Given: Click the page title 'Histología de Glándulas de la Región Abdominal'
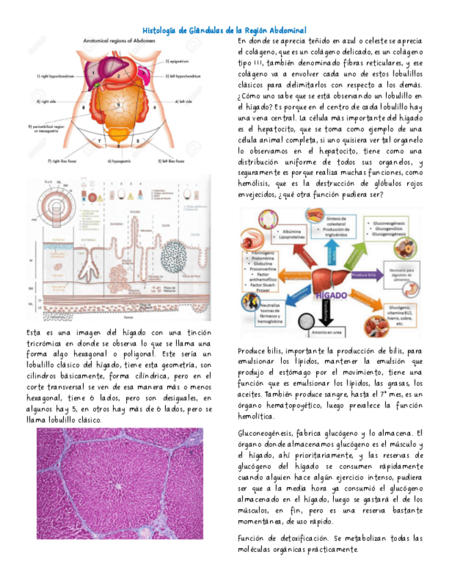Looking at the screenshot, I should click(x=224, y=31).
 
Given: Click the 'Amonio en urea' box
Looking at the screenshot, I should click(x=321, y=334).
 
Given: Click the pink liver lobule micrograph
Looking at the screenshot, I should click(x=119, y=483).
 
